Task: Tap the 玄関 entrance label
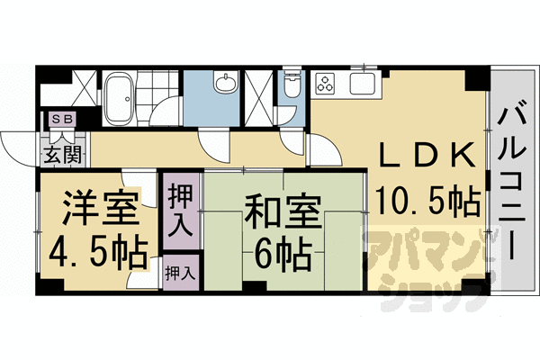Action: pos(60,151)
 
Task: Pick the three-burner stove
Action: pos(327,86)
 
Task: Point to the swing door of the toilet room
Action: pos(293,135)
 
